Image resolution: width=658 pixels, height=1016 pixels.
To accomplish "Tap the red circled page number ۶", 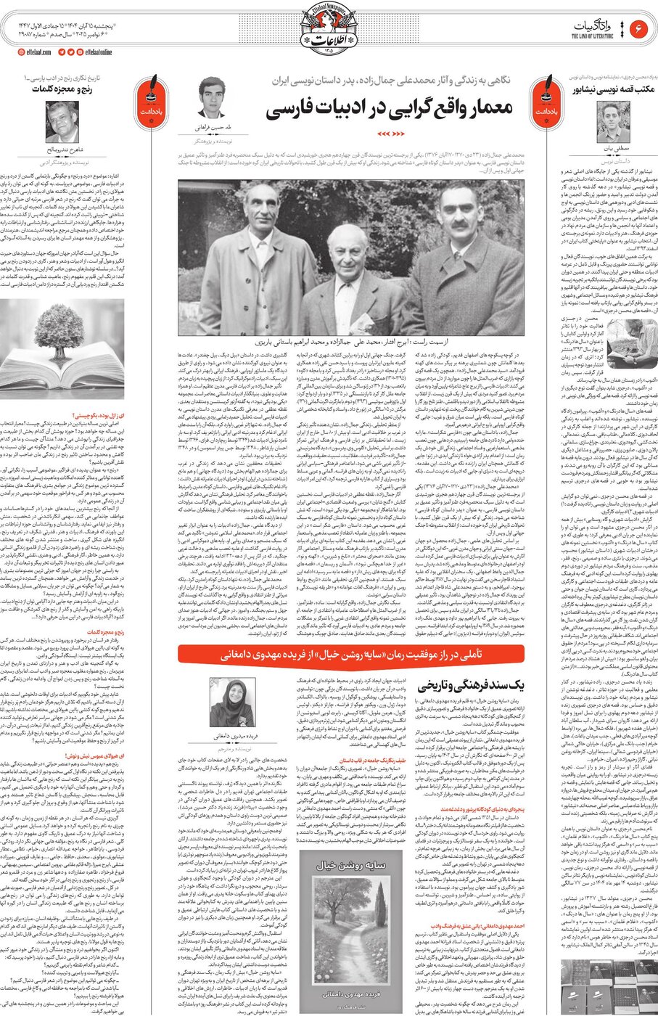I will [639, 28].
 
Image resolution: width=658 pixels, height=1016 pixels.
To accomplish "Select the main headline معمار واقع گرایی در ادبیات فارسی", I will [390, 109].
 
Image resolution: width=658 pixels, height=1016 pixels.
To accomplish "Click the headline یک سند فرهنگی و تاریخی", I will [476, 684].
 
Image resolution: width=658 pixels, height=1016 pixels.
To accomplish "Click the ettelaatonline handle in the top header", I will [99, 52].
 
